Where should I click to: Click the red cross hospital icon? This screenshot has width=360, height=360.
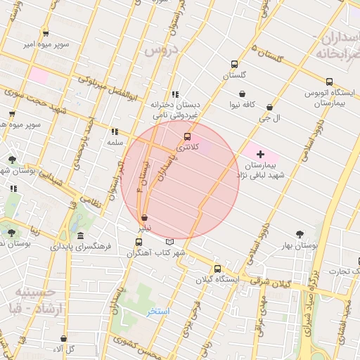coord(260,153)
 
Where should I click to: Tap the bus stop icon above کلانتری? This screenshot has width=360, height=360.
coord(187,136)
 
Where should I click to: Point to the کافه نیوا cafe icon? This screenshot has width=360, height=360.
coord(243,94)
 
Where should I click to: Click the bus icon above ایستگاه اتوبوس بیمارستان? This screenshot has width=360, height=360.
coord(325,82)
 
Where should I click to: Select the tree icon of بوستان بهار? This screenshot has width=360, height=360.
coord(301,234)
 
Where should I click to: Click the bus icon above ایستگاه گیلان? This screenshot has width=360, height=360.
coord(217,269)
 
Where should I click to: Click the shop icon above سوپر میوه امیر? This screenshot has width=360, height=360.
coord(46,33)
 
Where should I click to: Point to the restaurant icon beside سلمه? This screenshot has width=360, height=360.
coord(114,131)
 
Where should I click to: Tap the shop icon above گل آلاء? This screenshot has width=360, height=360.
coord(64,338)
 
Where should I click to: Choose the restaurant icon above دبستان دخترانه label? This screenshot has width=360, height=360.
coord(174,94)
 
